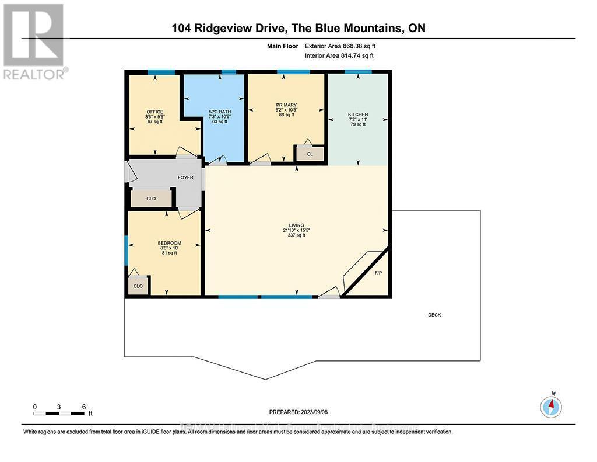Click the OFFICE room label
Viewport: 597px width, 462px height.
(x=155, y=112)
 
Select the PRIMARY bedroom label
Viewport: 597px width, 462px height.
(x=286, y=105)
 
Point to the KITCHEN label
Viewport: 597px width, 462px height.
(x=358, y=114)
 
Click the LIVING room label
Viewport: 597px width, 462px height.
(x=297, y=225)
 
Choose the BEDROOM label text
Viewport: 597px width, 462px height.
(x=169, y=243)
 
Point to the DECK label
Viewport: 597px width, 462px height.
(x=434, y=315)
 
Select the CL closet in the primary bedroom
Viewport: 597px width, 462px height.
(x=310, y=154)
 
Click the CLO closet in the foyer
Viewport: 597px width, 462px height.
(x=151, y=199)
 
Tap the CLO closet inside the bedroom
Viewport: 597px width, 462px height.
(x=138, y=286)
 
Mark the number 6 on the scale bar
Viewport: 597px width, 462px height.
(x=84, y=407)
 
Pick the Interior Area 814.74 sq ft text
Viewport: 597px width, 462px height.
(x=339, y=55)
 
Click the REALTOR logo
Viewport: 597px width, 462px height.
(x=34, y=41)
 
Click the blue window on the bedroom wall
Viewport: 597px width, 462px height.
(x=125, y=250)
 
